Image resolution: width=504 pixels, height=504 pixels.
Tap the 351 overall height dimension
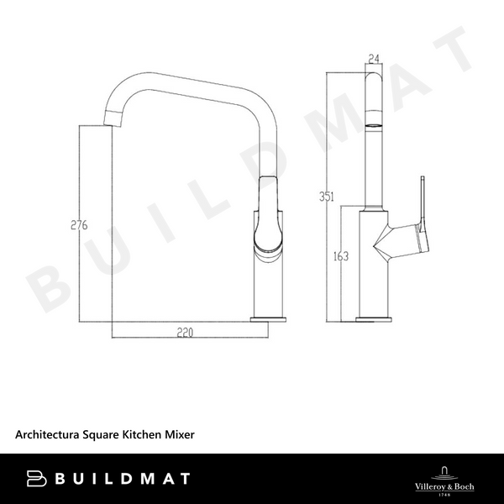coord(328,197)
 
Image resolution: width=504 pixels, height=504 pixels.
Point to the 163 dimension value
coord(341,257)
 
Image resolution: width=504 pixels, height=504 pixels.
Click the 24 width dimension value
coord(374,60)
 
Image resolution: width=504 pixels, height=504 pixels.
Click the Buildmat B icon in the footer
coord(36,479)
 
